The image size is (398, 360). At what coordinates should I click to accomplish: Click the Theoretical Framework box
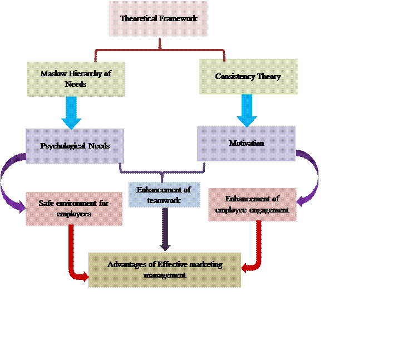point(159,19)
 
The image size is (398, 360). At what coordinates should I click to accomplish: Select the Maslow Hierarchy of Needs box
point(75,79)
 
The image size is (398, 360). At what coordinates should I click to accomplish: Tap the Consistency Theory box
point(248,77)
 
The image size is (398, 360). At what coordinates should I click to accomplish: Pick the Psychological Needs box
point(75,146)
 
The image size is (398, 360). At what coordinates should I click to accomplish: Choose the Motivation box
point(246,144)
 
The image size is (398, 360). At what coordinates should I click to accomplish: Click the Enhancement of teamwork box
point(164,195)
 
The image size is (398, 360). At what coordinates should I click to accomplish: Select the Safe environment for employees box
point(74,209)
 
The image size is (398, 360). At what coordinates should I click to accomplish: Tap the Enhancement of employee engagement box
point(252,204)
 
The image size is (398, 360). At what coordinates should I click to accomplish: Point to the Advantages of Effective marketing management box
point(165,270)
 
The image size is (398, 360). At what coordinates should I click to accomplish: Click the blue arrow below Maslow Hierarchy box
point(71,113)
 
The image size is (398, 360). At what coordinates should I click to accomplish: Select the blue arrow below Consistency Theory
point(247,110)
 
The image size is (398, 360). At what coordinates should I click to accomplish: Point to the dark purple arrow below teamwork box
point(165,228)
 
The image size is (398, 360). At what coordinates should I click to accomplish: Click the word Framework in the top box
point(178,18)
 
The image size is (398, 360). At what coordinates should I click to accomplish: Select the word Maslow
point(52,73)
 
